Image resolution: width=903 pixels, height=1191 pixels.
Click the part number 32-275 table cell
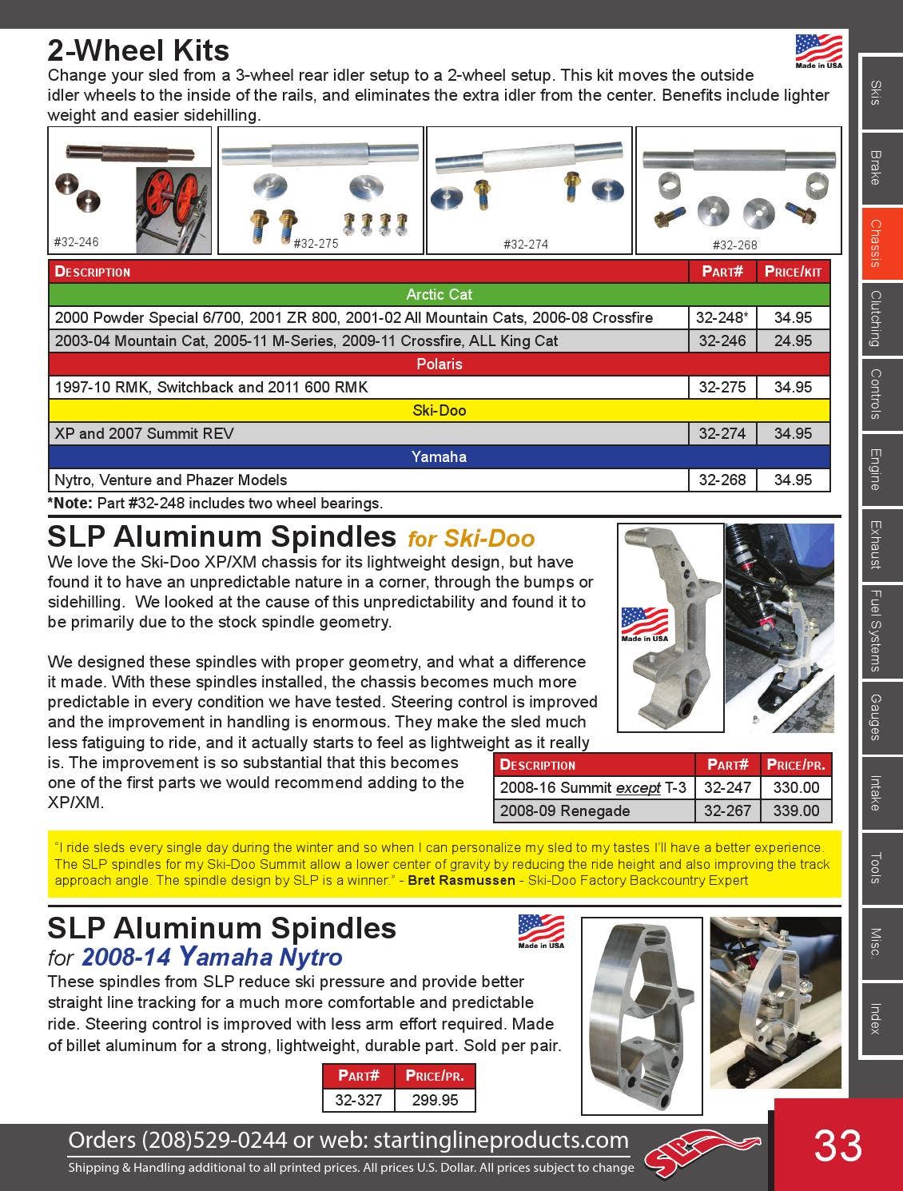tap(722, 387)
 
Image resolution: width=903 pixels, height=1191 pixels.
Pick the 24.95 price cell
tap(793, 341)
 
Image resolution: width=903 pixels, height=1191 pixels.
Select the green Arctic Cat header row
tap(439, 294)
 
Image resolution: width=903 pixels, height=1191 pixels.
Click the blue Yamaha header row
tap(439, 456)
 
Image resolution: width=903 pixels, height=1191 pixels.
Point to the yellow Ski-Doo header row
tap(439, 410)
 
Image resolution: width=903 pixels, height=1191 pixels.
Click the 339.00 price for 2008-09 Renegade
tap(796, 811)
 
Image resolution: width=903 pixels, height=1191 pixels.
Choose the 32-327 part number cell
tap(358, 1100)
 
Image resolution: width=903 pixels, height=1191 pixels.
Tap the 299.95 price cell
tap(435, 1100)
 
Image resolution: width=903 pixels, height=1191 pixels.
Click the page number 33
tap(837, 1145)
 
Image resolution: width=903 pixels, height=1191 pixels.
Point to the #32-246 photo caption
tap(77, 241)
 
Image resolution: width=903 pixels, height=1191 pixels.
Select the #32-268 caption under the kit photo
tap(734, 245)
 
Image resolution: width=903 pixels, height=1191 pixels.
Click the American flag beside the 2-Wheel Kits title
tap(818, 50)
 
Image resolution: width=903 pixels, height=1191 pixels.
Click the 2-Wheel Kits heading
tap(138, 50)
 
